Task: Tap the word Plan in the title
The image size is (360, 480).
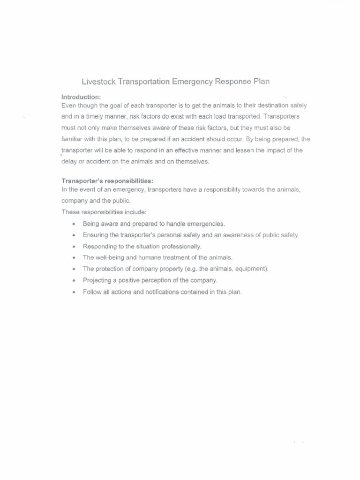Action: (260, 81)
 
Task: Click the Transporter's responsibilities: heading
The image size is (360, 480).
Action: (107, 180)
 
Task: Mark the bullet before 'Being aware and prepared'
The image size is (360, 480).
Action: (74, 224)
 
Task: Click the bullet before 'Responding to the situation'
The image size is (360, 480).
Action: (74, 247)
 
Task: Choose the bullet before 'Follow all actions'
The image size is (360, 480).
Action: (74, 292)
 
